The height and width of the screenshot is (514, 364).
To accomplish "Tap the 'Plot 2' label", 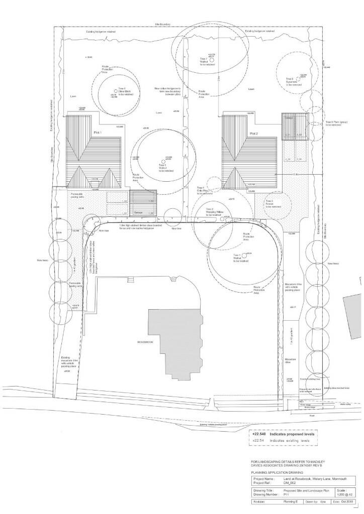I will (253, 134).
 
